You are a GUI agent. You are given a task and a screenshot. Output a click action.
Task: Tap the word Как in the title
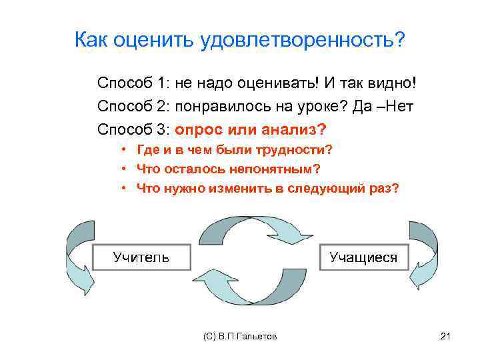tap(90, 41)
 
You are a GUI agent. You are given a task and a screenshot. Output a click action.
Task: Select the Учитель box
tap(141, 257)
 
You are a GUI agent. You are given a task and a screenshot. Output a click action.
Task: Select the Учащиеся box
tap(363, 257)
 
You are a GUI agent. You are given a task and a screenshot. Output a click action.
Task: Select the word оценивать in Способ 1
tap(282, 84)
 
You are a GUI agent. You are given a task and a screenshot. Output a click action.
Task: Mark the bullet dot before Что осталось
tap(125, 169)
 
